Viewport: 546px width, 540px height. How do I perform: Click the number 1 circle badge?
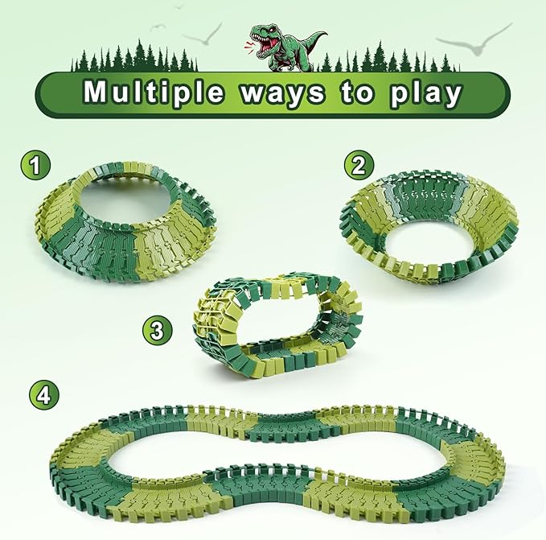[x=32, y=167]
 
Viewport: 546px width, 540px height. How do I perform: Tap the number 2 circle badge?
[x=359, y=166]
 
